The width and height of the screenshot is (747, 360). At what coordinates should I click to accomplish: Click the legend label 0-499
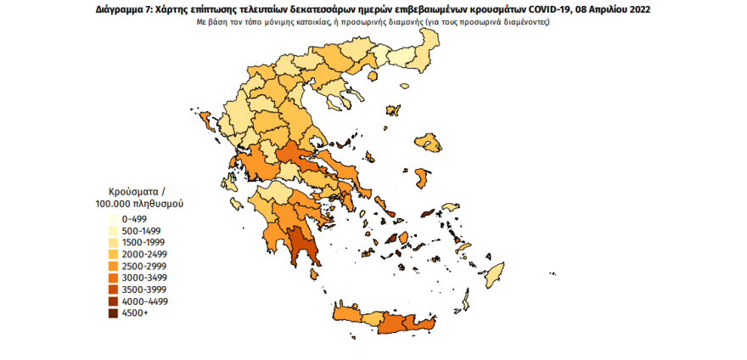click(x=136, y=218)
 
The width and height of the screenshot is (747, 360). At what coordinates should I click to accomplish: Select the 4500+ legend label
click(x=134, y=313)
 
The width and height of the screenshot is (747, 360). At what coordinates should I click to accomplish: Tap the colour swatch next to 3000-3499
click(x=113, y=278)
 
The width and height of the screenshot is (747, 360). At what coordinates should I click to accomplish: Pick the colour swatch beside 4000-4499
click(x=113, y=301)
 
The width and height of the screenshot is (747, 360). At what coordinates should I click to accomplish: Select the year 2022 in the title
click(x=649, y=8)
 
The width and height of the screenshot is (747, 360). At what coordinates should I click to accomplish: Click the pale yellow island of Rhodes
click(x=491, y=274)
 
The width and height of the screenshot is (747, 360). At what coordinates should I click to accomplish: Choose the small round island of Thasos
click(x=392, y=110)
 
